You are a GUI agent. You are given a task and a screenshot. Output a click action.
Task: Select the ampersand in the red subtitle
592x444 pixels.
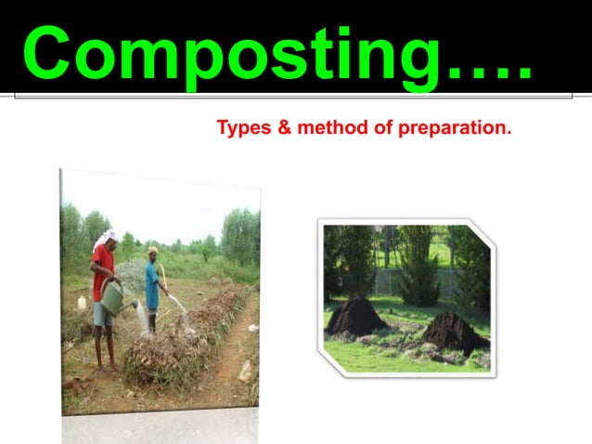pyautogui.click(x=283, y=127)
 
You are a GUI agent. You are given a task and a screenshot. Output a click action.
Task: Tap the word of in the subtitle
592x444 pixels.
pyautogui.click(x=383, y=127)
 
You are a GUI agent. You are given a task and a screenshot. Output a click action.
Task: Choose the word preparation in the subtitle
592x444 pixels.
pyautogui.click(x=455, y=127)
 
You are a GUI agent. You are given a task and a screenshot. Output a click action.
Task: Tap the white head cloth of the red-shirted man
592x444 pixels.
pyautogui.click(x=103, y=240)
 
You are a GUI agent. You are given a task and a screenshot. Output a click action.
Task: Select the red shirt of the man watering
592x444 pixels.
pyautogui.click(x=103, y=268)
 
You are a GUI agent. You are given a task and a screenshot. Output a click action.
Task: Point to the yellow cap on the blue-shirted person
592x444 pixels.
pyautogui.click(x=152, y=250)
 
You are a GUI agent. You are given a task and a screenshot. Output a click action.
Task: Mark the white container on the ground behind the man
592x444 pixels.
pyautogui.click(x=82, y=302)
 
